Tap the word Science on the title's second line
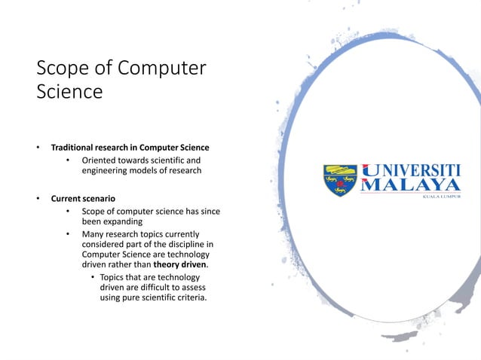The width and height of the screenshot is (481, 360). pos(69,93)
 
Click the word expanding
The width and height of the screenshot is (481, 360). pos(121,222)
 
